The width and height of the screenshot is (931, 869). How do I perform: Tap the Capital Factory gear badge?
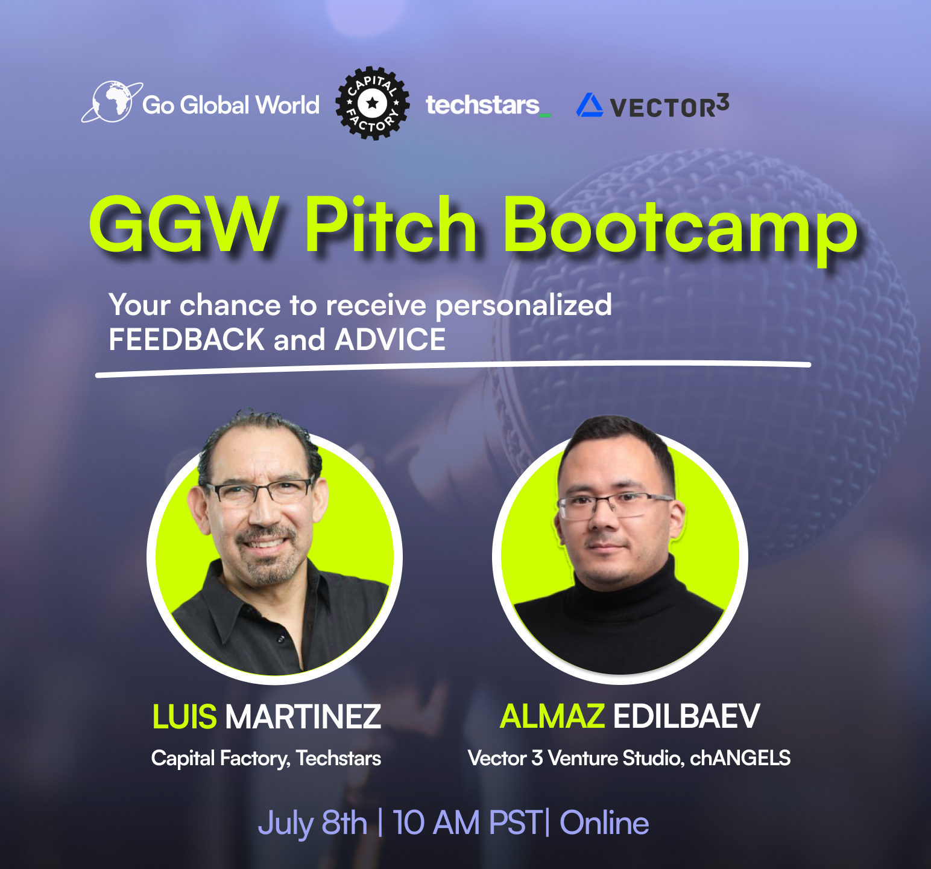tap(372, 103)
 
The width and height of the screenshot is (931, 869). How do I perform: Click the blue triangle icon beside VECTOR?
tap(589, 105)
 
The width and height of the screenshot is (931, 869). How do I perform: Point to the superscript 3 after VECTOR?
tap(723, 103)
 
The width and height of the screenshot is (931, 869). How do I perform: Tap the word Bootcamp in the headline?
tap(680, 229)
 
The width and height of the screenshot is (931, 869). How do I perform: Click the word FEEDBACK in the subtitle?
tap(187, 339)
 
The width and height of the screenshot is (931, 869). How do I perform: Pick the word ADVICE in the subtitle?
tap(391, 339)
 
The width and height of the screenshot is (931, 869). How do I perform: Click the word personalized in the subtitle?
tap(523, 305)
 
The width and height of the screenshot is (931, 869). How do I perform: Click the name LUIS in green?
tap(185, 716)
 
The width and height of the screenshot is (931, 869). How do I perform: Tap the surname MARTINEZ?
tap(303, 716)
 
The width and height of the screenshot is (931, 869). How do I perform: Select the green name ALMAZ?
tap(552, 716)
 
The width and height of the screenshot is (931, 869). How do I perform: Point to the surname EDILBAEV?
tap(687, 716)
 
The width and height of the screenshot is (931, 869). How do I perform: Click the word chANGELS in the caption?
tap(740, 758)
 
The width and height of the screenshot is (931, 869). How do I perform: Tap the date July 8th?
tap(312, 823)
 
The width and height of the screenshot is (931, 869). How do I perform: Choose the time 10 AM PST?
tap(467, 823)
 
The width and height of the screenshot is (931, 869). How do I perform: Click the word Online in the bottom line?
tap(605, 823)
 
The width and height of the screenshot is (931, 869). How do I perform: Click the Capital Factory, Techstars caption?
tap(266, 759)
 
